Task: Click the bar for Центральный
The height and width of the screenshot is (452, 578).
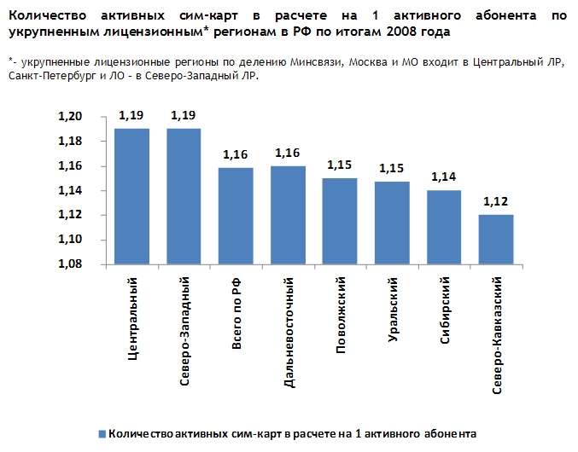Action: (131, 196)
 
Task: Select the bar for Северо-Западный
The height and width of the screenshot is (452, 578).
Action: (184, 196)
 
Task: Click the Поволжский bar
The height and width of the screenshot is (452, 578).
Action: (340, 221)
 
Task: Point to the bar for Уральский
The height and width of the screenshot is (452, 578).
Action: (392, 223)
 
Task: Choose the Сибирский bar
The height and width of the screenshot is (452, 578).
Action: (444, 227)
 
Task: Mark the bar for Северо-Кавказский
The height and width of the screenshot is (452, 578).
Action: (496, 240)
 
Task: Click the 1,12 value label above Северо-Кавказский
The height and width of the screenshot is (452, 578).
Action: (496, 202)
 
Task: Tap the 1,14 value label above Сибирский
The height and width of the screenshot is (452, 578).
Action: (444, 177)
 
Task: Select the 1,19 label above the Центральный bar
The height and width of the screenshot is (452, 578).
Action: (131, 115)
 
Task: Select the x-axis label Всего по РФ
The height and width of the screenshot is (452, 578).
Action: (236, 313)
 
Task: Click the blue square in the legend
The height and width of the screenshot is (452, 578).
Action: (102, 432)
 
